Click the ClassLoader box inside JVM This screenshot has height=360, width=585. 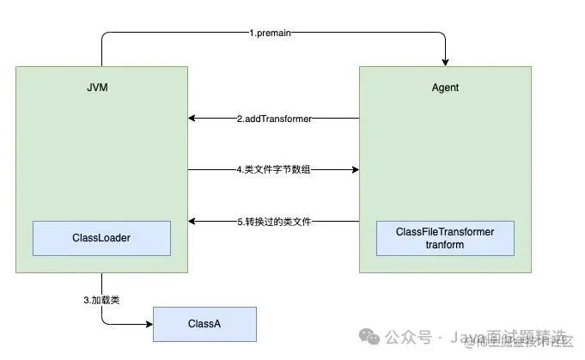(x=101, y=238)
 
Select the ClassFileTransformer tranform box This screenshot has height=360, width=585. (x=445, y=238)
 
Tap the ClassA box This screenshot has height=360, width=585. (x=204, y=324)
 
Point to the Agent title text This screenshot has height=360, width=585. (x=445, y=88)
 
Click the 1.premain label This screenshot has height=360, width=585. (x=272, y=34)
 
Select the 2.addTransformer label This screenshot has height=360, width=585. (x=273, y=119)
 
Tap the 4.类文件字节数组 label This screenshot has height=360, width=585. (x=273, y=170)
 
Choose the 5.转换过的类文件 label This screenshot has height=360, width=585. (x=273, y=222)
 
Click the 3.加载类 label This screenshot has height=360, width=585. (x=101, y=299)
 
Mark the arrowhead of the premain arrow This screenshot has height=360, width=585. (x=445, y=62)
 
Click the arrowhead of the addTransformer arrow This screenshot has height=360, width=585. (x=192, y=119)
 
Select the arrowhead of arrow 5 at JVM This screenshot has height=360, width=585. (x=192, y=222)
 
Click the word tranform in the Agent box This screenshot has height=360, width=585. (x=445, y=245)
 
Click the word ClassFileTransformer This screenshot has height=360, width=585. (x=445, y=232)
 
